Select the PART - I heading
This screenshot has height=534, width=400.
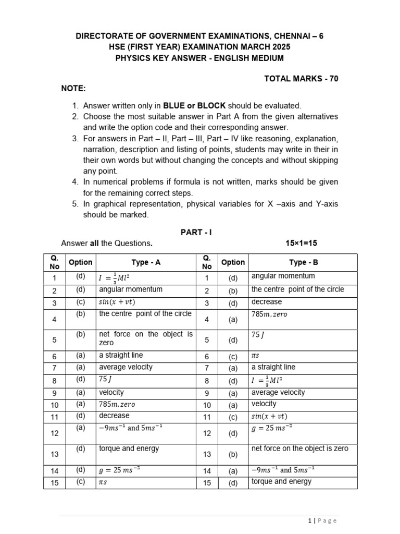[196, 233]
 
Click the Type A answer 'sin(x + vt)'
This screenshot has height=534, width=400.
[120, 302]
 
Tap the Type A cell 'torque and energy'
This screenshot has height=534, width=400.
[129, 448]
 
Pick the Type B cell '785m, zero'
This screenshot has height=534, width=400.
[269, 314]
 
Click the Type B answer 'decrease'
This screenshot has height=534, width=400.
[266, 302]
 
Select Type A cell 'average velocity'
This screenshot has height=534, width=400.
[126, 367]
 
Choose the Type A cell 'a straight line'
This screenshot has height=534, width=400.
[121, 355]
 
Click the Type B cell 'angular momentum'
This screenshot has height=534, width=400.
[283, 276]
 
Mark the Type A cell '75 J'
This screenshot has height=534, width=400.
[105, 380]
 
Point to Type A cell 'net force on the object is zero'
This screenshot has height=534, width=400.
[146, 338]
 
